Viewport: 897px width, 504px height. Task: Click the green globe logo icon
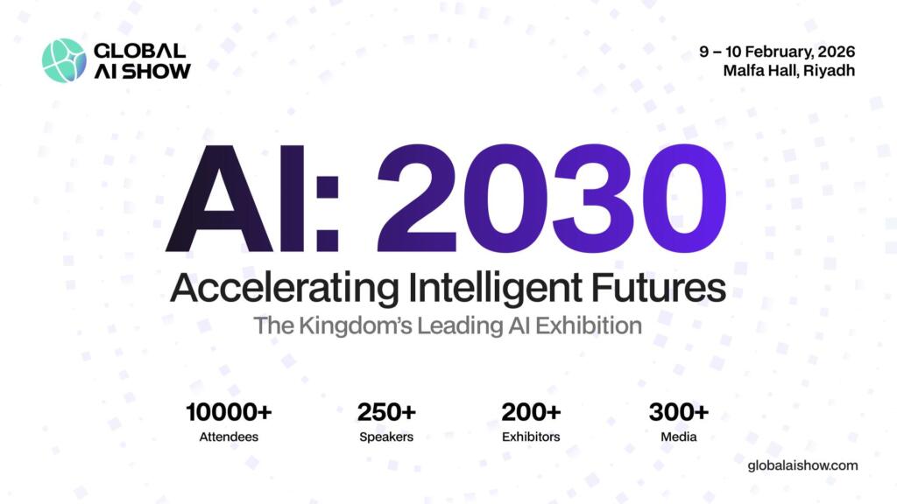click(64, 60)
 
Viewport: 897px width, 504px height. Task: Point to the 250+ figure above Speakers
click(386, 411)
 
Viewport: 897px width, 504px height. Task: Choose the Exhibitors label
click(531, 436)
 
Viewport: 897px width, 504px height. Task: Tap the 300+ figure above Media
click(679, 411)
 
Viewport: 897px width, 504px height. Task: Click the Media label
click(679, 436)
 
